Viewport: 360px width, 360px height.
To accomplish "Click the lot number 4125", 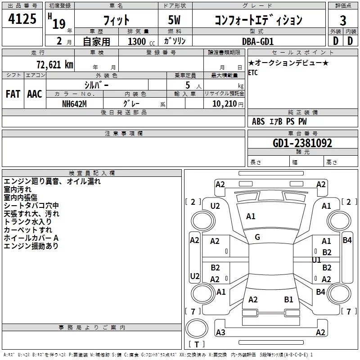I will pyautogui.click(x=22, y=19).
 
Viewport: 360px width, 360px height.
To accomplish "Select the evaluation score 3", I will pyautogui.click(x=343, y=20).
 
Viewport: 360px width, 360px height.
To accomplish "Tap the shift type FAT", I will pyautogui.click(x=13, y=94).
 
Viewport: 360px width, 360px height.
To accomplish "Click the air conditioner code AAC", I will pyautogui.click(x=34, y=94).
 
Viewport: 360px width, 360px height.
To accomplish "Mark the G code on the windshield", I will pyautogui.click(x=257, y=237).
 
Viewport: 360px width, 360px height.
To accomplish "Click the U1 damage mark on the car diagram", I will pyautogui.click(x=316, y=260).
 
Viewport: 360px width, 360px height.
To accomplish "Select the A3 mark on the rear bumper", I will pyautogui.click(x=220, y=333).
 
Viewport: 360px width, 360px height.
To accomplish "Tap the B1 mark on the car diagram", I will pyautogui.click(x=288, y=299).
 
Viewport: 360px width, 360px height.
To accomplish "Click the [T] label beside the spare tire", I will pyautogui.click(x=196, y=344).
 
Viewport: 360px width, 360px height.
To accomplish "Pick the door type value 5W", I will pyautogui.click(x=175, y=20).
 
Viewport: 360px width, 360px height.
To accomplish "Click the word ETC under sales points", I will pyautogui.click(x=253, y=73).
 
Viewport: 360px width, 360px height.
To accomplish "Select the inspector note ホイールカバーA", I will pyautogui.click(x=31, y=238).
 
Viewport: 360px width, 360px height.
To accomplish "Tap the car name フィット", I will pyautogui.click(x=116, y=20).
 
